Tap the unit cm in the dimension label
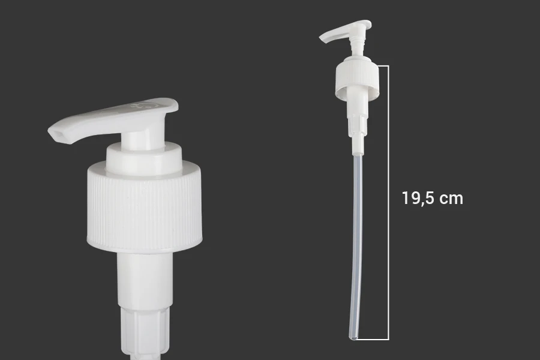(452, 199)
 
